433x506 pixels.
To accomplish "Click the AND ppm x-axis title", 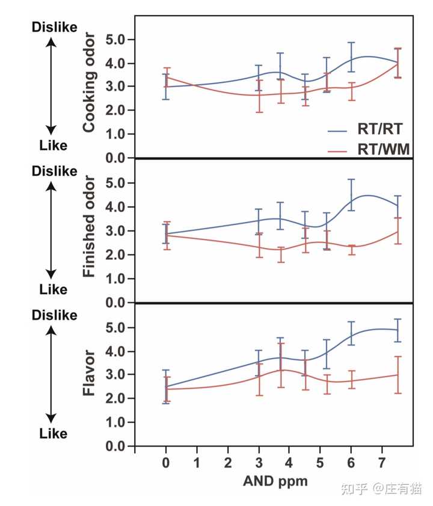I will pos(275,482).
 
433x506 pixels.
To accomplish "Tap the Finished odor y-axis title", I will pos(90,227).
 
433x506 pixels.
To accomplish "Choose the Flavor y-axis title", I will pos(90,374).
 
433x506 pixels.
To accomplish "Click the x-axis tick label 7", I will pos(381,463).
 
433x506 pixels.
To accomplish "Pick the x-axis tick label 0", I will pos(165,463).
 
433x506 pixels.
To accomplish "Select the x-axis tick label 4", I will pos(289,463).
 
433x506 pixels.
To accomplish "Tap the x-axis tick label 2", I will pos(227,463).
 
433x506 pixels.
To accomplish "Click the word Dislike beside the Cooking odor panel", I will pos(54,28).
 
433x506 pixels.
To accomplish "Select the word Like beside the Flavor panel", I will pos(53,433).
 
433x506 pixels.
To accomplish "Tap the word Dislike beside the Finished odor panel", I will pos(54,171).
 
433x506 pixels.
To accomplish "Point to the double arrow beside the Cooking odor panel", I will pos(52,86).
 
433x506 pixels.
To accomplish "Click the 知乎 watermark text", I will pos(354,489).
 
